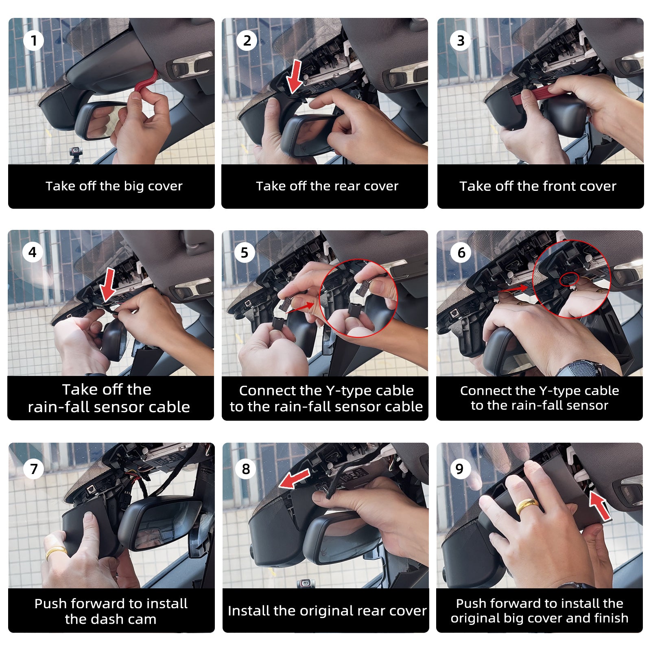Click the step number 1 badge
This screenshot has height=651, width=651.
tap(33, 40)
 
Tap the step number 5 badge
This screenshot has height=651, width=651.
tap(245, 252)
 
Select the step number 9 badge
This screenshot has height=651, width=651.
tap(460, 469)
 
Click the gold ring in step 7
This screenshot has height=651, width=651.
tap(56, 552)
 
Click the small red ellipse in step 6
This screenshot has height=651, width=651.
tap(569, 278)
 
